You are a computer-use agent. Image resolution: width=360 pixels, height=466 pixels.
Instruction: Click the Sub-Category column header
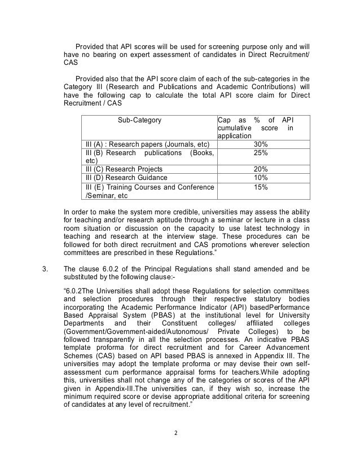(139, 120)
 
